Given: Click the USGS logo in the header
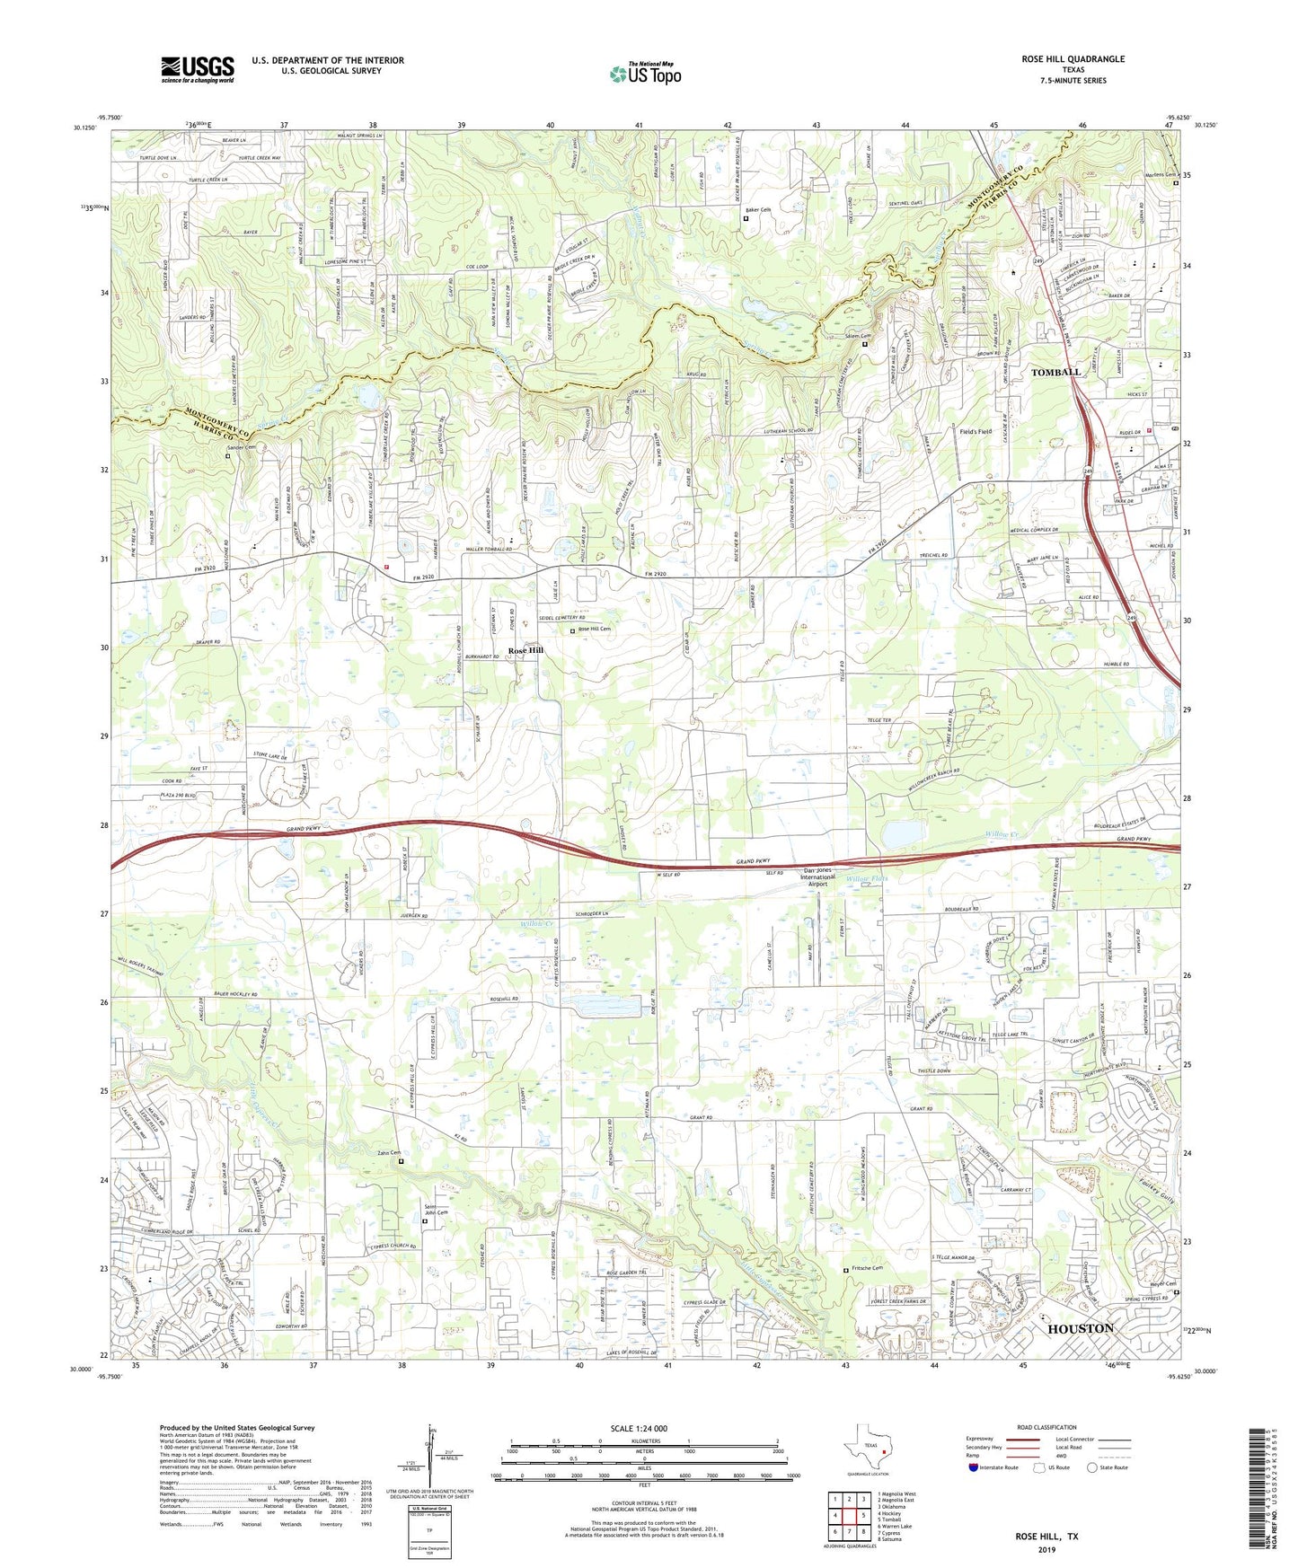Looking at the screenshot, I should point(198,69).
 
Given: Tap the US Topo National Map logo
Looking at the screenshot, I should point(644,74).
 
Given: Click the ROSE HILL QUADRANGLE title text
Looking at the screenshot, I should point(1073,59).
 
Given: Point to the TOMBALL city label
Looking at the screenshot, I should point(1055,372).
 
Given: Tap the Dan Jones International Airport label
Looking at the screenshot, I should point(817,877).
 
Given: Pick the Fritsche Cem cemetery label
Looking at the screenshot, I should point(868,1268).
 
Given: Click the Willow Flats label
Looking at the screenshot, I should point(866,878).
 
